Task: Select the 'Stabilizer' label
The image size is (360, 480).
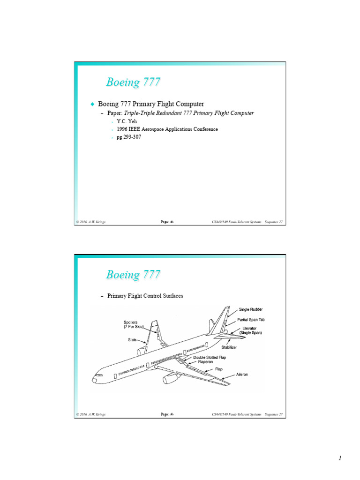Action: coord(239,347)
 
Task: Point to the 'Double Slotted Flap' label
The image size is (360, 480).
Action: coord(210,357)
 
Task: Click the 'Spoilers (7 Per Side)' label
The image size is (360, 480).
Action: coord(133,324)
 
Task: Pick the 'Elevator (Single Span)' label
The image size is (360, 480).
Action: coord(250,330)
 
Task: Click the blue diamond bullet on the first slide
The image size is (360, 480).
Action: coord(92,103)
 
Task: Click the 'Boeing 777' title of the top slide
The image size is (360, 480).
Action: coord(133,82)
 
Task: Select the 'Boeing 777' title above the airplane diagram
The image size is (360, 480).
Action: coord(133,275)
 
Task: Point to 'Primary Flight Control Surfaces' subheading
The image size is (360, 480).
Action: coord(145,296)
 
